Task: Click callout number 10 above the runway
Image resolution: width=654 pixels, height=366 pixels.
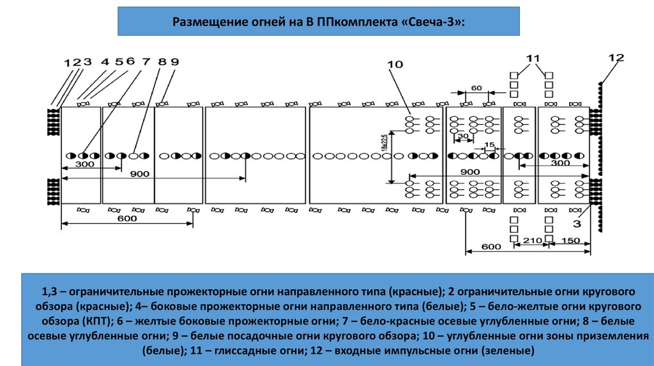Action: coord(395,64)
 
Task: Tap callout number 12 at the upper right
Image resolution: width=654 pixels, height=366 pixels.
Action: coord(616,57)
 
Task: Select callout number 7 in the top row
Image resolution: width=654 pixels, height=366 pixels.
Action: coord(146,62)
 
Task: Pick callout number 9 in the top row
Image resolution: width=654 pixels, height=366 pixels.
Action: coord(174,62)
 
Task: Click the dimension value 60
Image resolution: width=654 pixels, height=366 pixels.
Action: coord(476,87)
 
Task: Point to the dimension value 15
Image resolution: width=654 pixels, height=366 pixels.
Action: coord(489,145)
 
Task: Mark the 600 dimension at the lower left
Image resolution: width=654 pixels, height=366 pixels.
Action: coord(127,219)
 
